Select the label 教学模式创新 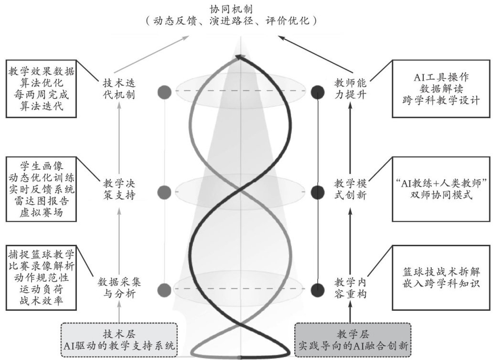[351, 189]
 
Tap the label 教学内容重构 [351, 289]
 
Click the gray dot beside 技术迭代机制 [164, 91]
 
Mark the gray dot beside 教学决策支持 [164, 192]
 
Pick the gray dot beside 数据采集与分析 [164, 289]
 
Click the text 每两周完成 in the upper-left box [42, 95]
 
